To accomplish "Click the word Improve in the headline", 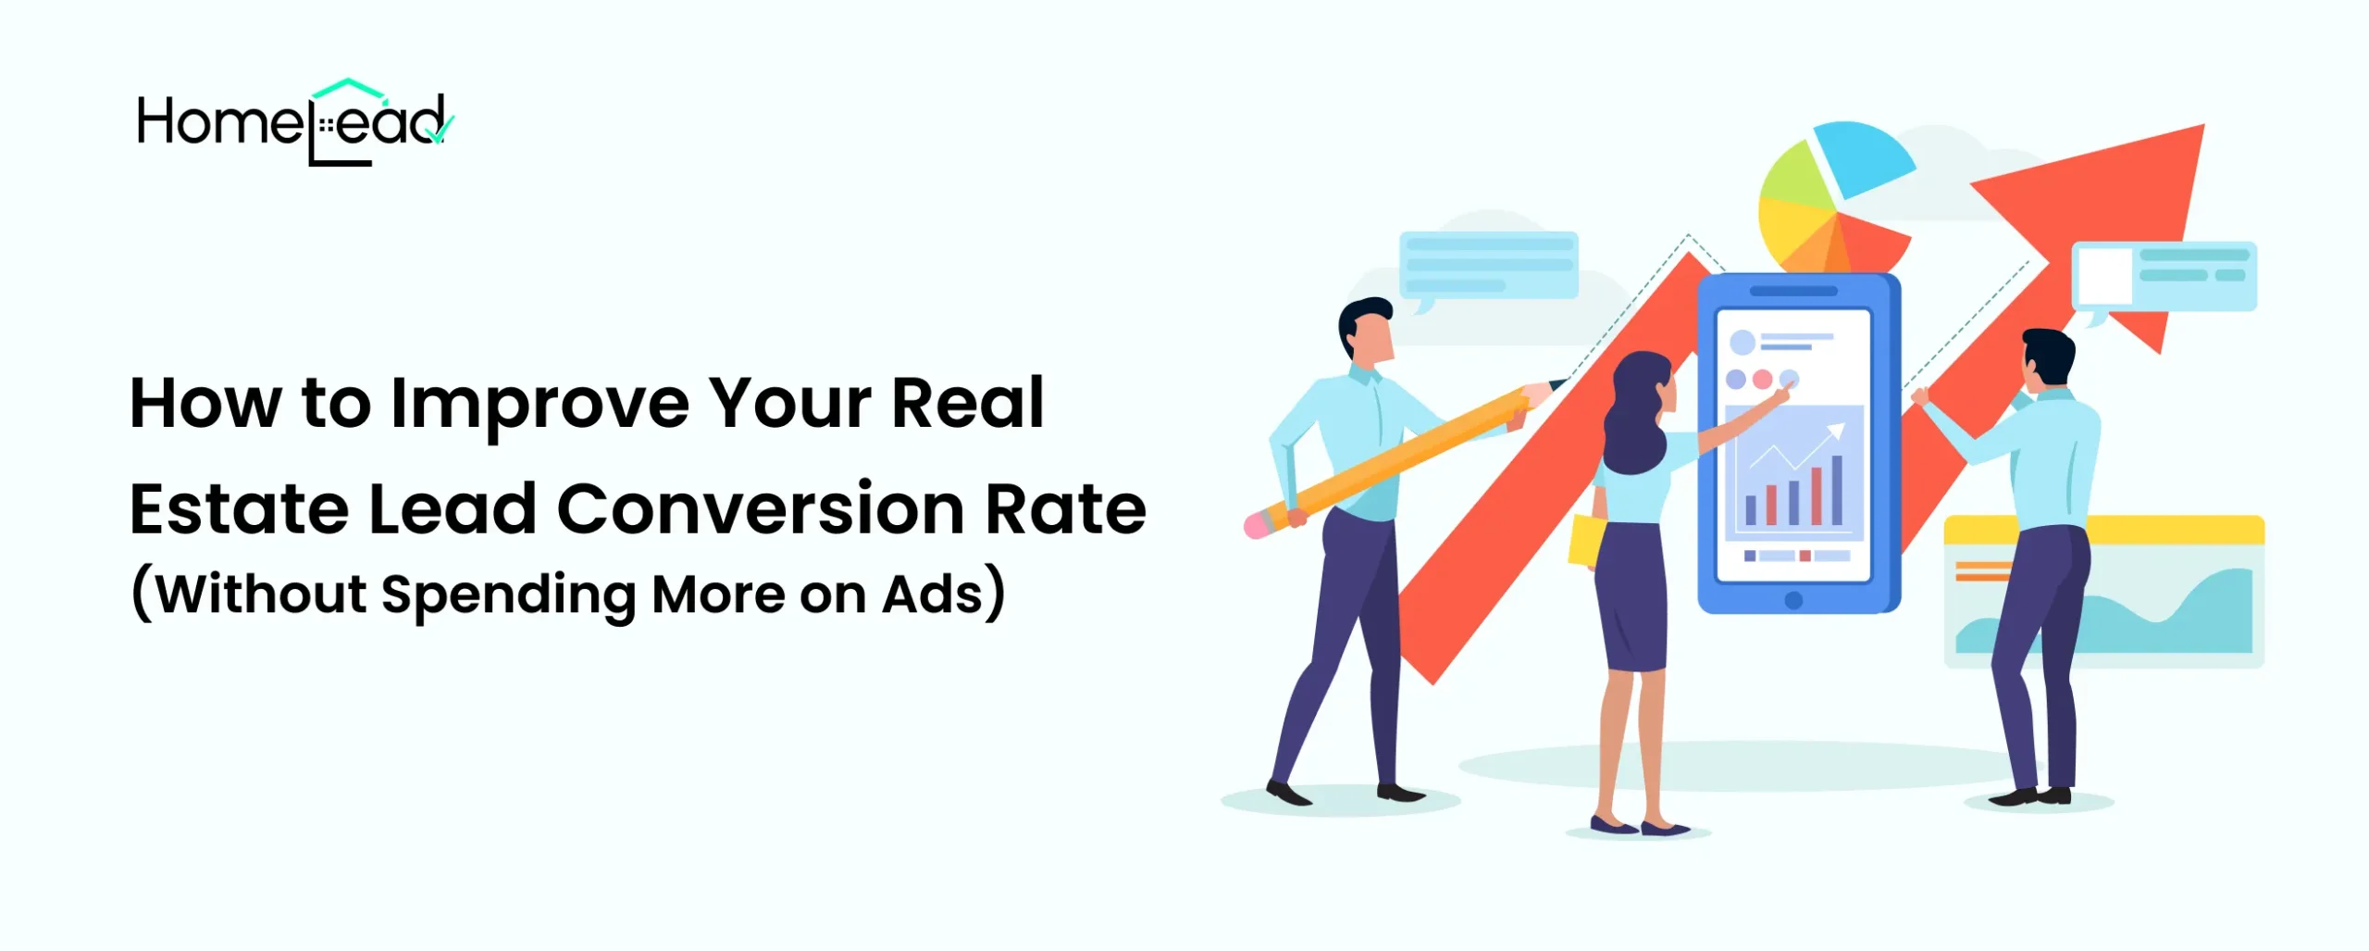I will point(540,405).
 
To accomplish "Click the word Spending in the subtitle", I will point(508,594).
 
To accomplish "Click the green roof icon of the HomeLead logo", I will point(348,89).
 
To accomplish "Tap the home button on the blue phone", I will point(1793,600).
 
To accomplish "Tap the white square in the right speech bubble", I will point(2104,276).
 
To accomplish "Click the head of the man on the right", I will point(2046,361).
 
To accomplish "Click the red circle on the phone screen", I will point(1762,379).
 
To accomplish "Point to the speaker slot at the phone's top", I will point(1793,291).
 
